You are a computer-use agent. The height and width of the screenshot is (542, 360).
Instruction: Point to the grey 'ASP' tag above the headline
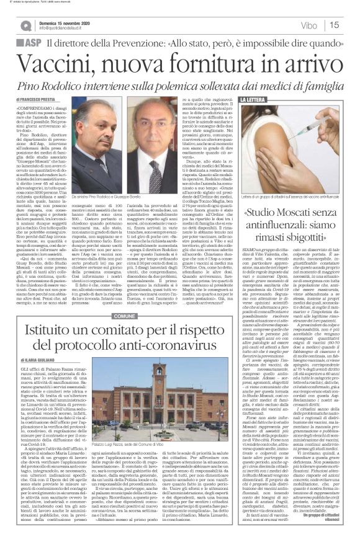(x=30, y=44)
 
